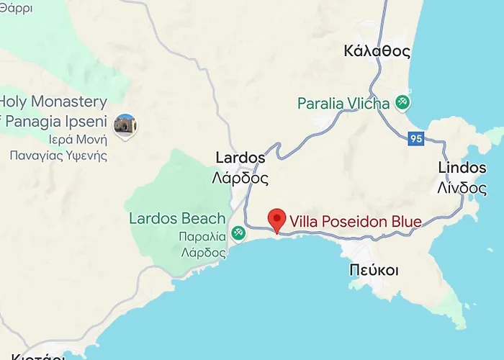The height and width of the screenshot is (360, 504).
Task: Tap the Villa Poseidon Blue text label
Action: click(x=356, y=221)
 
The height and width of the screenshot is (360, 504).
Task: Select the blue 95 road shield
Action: click(x=415, y=139)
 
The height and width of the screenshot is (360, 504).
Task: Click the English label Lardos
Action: click(x=240, y=158)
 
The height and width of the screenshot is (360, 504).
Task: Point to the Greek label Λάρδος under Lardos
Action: click(x=240, y=178)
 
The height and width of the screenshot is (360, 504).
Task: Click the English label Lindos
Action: click(x=462, y=168)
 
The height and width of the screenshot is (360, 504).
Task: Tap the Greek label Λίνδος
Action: click(x=462, y=187)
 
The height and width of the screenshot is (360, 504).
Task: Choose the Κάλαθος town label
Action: click(x=377, y=51)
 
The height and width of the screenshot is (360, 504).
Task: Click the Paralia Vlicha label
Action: click(x=343, y=103)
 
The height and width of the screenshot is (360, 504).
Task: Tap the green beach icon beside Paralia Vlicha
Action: click(x=402, y=103)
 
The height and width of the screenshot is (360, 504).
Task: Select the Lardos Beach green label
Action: click(x=176, y=218)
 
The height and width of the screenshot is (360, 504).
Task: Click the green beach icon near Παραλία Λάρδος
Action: click(x=239, y=233)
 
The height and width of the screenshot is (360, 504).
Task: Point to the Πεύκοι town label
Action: click(x=374, y=270)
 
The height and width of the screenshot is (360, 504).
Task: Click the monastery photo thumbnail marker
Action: click(x=125, y=126)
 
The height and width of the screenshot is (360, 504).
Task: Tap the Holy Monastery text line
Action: click(x=55, y=102)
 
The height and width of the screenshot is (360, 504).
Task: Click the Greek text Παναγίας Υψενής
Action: click(x=58, y=155)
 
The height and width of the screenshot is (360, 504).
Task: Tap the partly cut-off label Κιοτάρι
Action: click(x=32, y=356)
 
